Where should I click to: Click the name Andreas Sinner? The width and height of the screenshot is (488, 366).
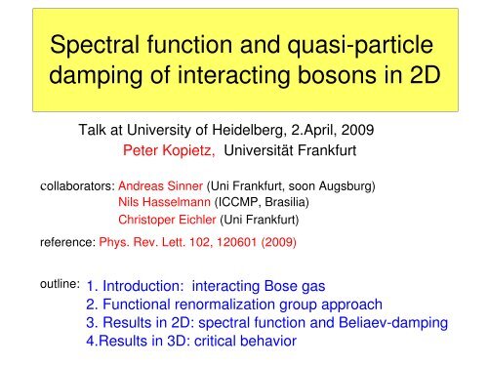click(159, 184)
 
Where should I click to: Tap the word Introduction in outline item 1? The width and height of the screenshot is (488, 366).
click(144, 287)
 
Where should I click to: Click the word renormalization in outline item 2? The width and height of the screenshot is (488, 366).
click(224, 305)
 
